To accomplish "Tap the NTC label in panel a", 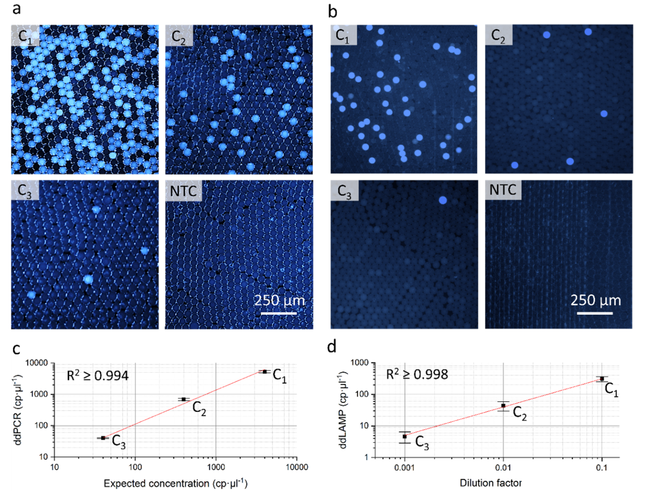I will [183, 191].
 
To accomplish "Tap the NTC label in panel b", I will [503, 190].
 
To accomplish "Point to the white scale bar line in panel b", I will [595, 313].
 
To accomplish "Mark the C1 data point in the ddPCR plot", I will [265, 371].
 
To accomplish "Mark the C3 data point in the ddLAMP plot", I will [405, 436].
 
